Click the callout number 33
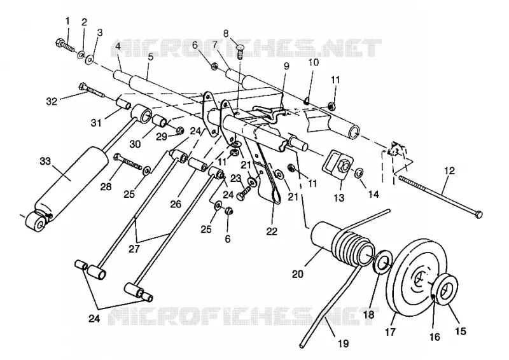(x=45, y=161)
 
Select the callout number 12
(x=449, y=170)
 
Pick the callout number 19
(x=344, y=343)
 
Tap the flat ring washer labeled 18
(x=382, y=262)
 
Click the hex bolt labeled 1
(x=66, y=45)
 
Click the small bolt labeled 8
(x=240, y=52)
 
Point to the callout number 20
(x=297, y=274)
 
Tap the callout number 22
(x=272, y=231)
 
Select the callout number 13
(x=338, y=197)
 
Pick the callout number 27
(x=134, y=249)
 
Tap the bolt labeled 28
(x=127, y=162)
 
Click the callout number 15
(x=461, y=331)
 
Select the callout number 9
(x=286, y=66)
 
